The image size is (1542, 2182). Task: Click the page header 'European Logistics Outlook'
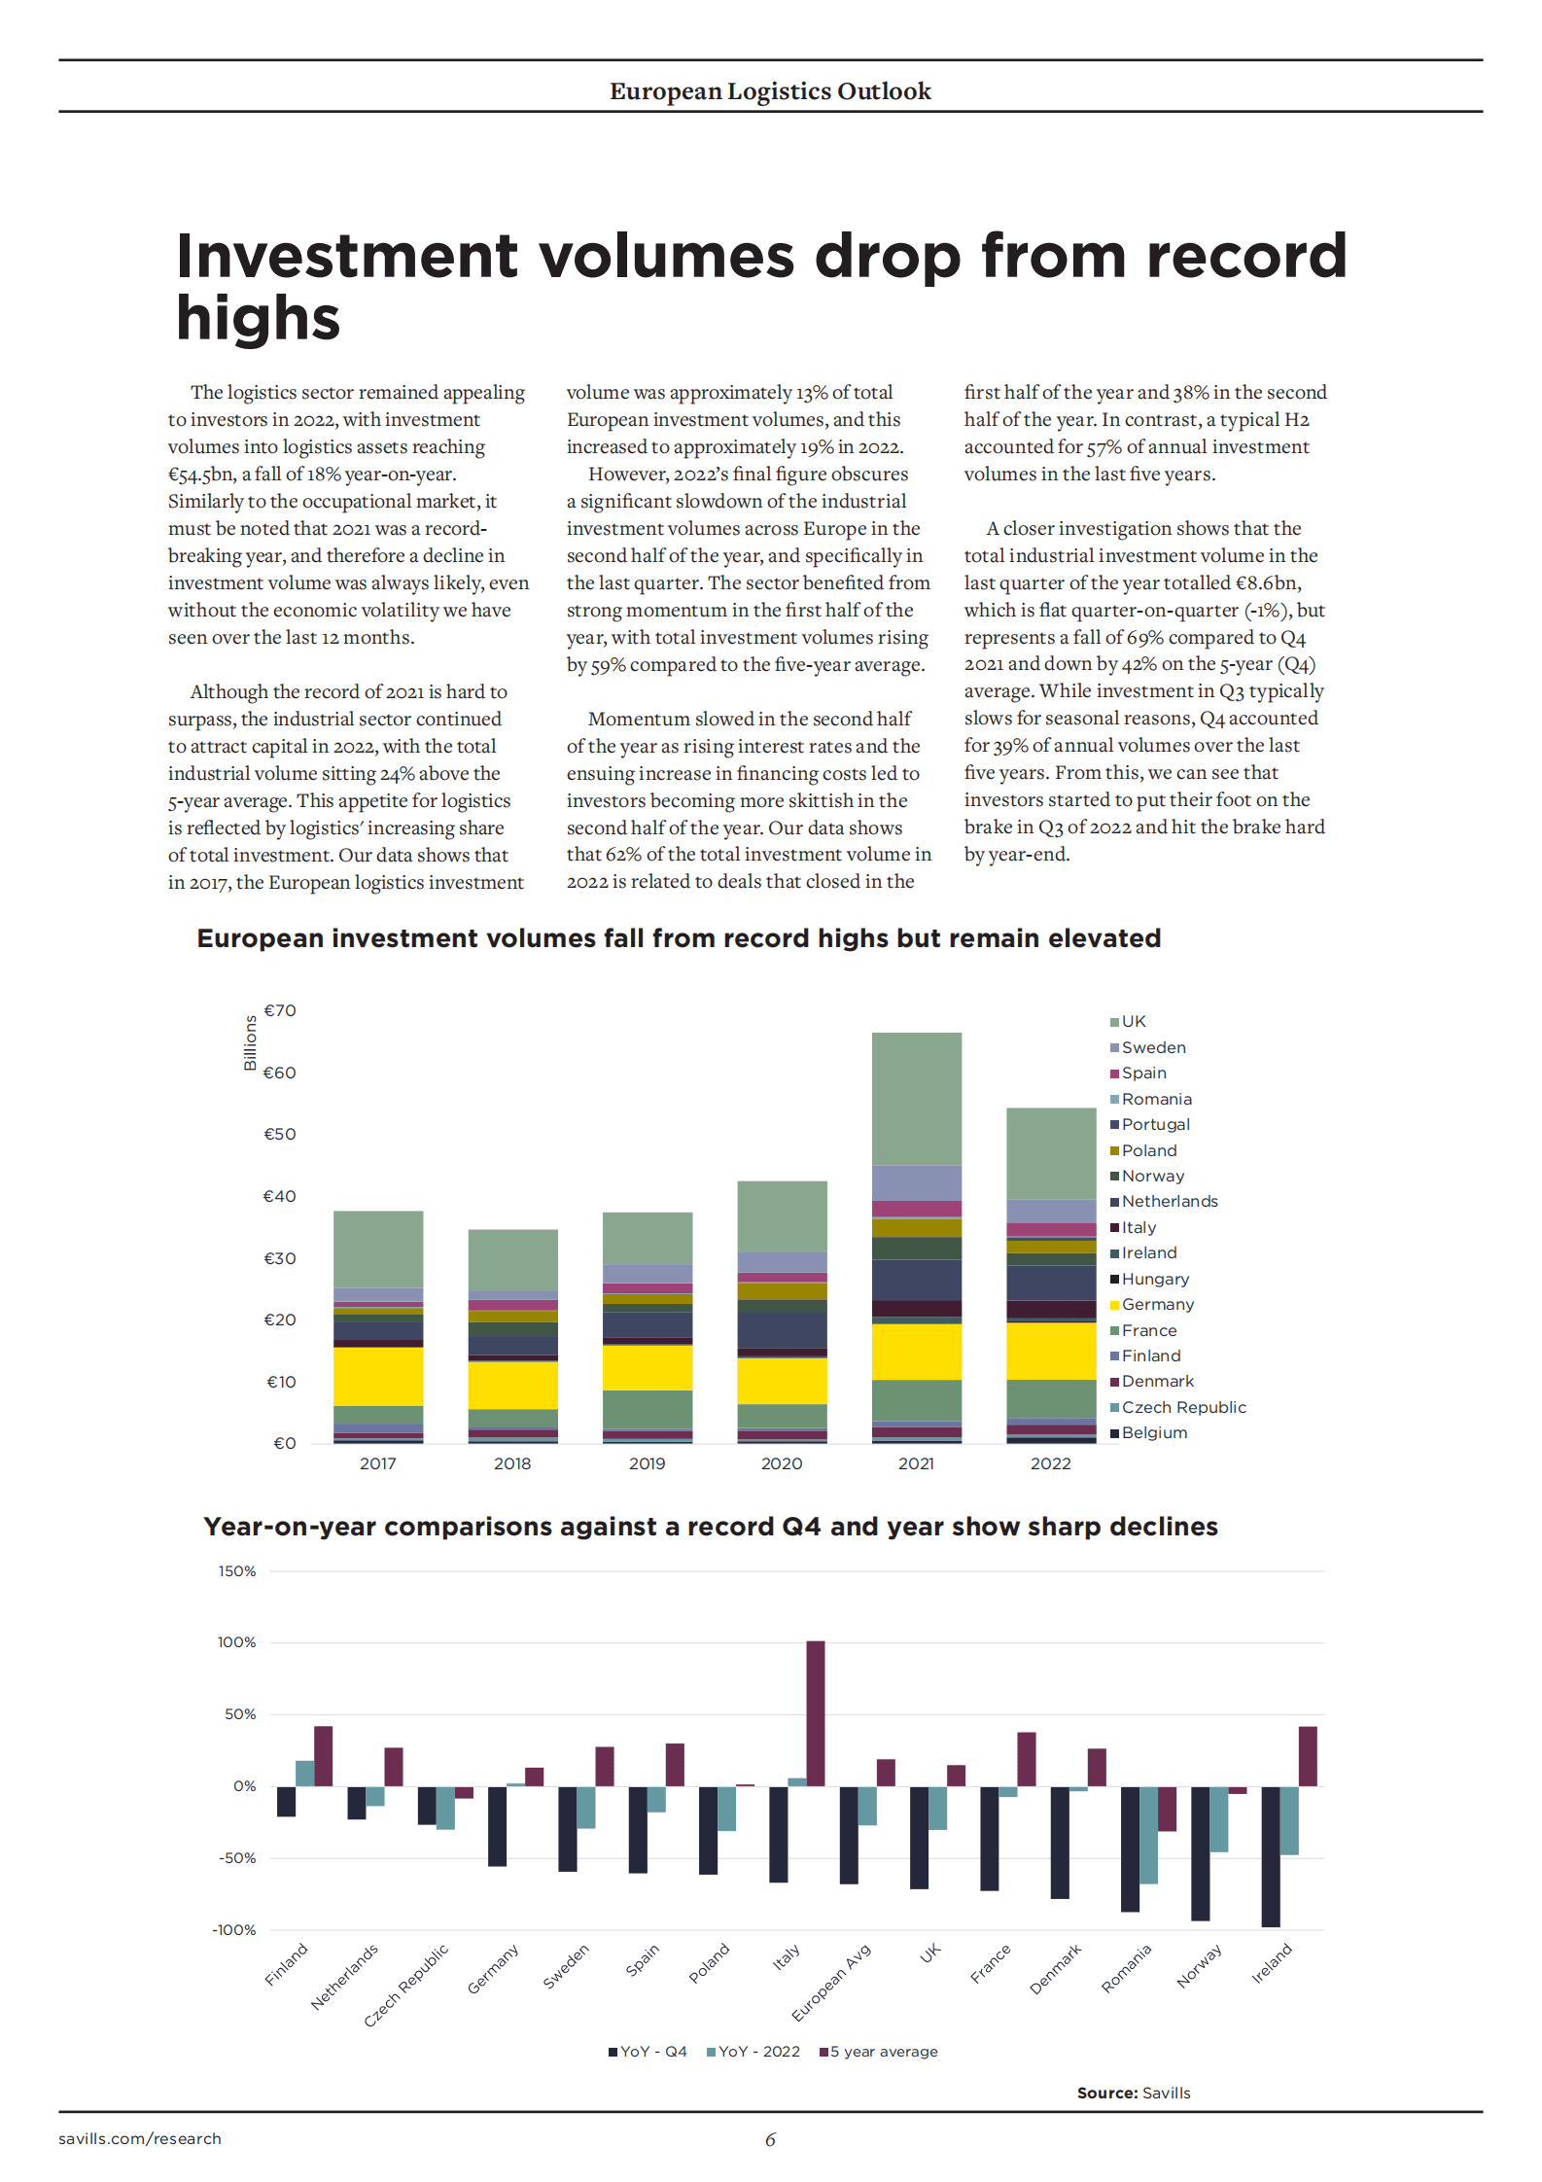tap(770, 91)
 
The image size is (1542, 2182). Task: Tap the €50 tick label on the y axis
tap(280, 1135)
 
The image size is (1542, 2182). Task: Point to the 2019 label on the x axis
tap(647, 1464)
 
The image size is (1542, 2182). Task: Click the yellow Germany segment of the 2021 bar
tap(916, 1352)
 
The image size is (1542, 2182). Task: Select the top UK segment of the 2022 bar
tap(1051, 1153)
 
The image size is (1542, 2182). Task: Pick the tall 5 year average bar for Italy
tap(816, 1713)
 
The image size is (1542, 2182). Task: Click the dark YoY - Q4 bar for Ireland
tap(1270, 1856)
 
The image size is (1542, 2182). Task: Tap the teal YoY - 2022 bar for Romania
tap(1148, 1835)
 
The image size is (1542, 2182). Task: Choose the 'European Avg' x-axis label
tap(831, 1982)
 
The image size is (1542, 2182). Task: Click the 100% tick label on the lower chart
tap(236, 1642)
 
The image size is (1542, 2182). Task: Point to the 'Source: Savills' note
tap(1133, 2093)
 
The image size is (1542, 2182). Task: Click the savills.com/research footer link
tap(140, 2138)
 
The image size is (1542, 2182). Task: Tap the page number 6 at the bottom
tap(770, 2139)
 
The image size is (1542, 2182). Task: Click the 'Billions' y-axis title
tap(251, 1042)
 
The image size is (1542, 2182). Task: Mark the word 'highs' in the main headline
tap(259, 319)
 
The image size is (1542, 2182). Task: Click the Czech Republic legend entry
tap(1182, 1408)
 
